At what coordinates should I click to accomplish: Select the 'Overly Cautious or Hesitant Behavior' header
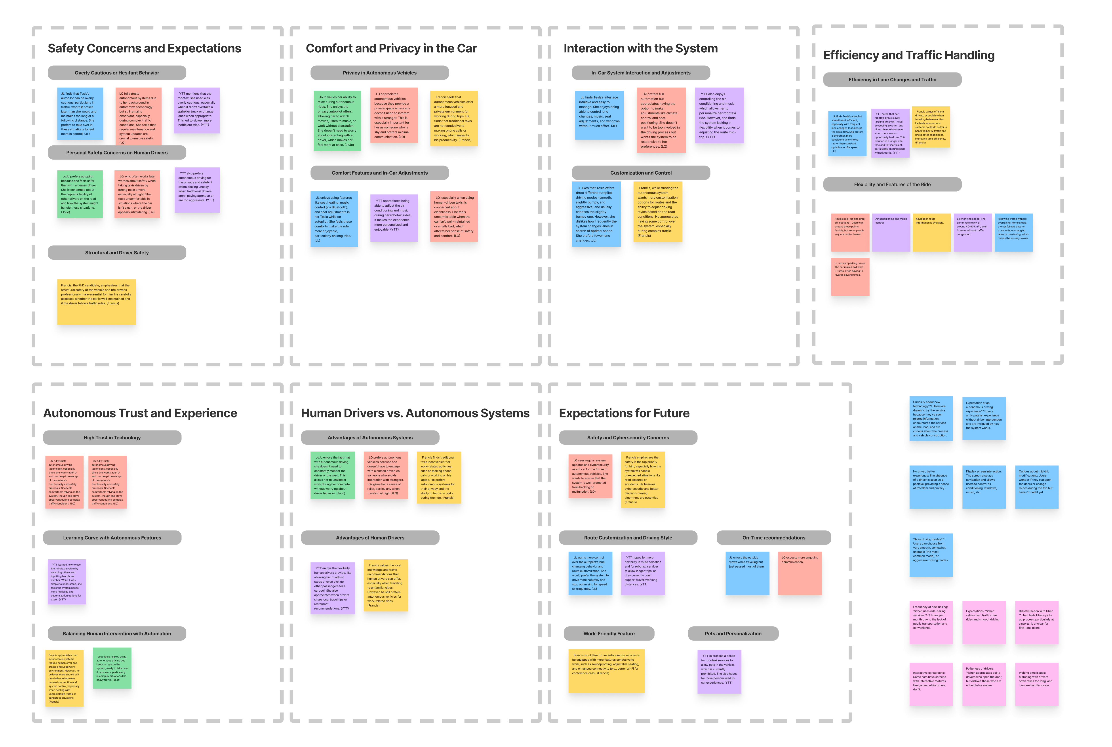(x=117, y=73)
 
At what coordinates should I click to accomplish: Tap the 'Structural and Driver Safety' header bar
(x=117, y=252)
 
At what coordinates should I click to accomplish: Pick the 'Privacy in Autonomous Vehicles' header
(x=380, y=73)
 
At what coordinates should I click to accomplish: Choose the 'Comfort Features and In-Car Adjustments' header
(x=380, y=173)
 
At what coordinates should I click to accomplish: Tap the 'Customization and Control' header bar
(x=641, y=173)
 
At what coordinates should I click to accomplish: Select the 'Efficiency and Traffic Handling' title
(x=909, y=55)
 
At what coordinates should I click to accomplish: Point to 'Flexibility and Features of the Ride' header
(x=892, y=184)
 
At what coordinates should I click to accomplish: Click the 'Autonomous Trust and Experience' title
(x=140, y=413)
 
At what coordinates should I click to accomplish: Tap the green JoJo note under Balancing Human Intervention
(x=112, y=668)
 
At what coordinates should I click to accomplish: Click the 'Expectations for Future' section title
(x=624, y=413)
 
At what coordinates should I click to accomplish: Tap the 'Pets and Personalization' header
(x=733, y=634)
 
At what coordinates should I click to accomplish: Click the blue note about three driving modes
(x=931, y=555)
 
